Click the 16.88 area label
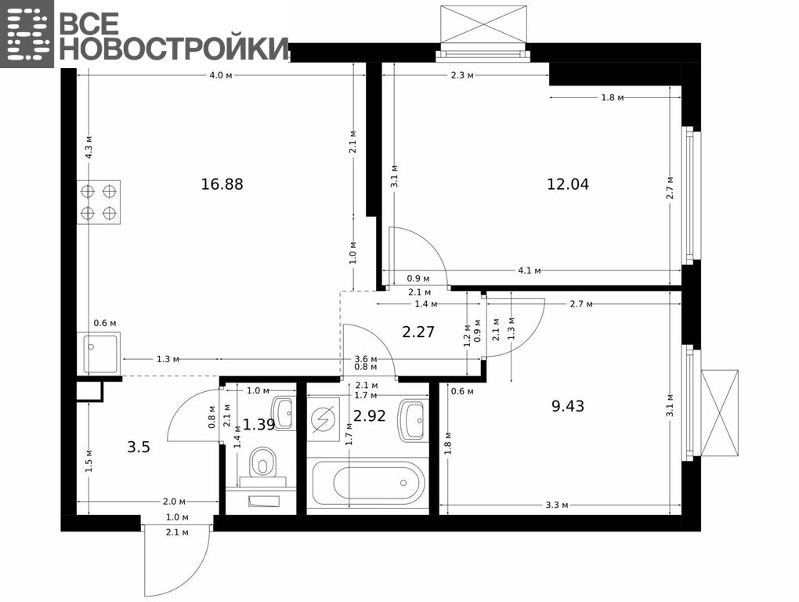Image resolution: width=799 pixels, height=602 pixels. tap(222, 184)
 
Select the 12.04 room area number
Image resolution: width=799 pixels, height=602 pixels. tap(568, 184)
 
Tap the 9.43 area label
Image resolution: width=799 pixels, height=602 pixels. tap(568, 406)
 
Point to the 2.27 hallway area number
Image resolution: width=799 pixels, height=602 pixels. tap(418, 332)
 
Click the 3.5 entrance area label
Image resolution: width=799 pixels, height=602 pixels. tap(139, 448)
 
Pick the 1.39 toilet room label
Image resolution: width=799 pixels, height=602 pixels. tap(258, 424)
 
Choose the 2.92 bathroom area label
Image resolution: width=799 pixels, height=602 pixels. tap(370, 416)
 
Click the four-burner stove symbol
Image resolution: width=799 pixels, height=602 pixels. tap(99, 202)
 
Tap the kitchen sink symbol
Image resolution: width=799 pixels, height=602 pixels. tap(99, 354)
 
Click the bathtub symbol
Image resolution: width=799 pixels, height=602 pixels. tap(378, 482)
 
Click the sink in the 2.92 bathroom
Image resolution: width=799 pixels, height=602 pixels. tap(412, 420)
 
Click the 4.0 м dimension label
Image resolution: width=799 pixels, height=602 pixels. tap(221, 75)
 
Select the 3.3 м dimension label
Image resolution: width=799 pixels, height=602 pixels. tap(556, 505)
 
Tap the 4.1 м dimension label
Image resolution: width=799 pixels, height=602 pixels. tap(530, 270)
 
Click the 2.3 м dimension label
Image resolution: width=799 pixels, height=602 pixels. tap(462, 75)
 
